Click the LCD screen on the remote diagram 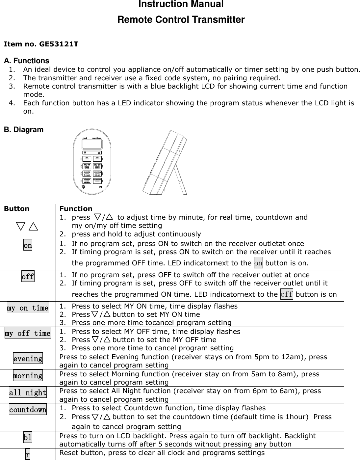tap(92, 145)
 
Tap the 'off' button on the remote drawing tap(97, 158)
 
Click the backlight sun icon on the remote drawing tap(84, 187)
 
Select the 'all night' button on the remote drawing tap(87, 180)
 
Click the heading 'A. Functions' tap(26, 61)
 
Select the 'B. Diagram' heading tap(23, 130)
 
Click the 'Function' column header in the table tap(76, 209)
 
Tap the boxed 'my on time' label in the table tap(28, 308)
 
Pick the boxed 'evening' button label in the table tap(28, 359)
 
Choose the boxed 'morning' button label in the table tap(28, 376)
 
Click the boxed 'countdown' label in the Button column tap(28, 410)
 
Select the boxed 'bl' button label tap(28, 438)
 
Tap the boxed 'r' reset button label tap(28, 455)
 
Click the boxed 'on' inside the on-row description tap(258, 263)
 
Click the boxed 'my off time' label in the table tap(28, 334)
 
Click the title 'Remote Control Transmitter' tap(181, 20)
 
